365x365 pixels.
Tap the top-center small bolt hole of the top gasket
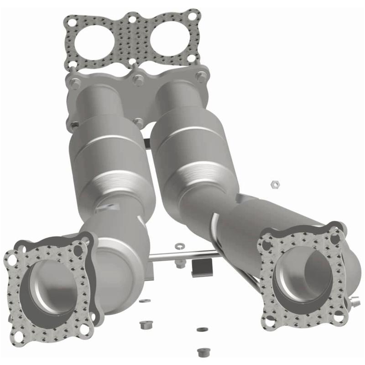click(x=132, y=20)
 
